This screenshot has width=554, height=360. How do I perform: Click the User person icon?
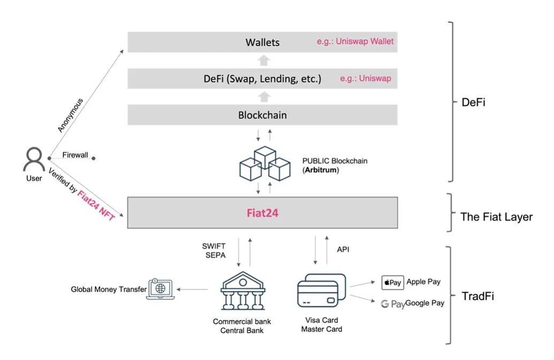34,159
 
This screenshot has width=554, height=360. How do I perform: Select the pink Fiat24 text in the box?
262,213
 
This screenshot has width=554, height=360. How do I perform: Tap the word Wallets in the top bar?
262,42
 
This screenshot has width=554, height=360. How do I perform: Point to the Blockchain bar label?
262,115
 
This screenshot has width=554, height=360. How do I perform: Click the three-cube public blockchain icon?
264,163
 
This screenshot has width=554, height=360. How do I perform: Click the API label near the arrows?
343,249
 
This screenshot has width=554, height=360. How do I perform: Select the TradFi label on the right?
477,296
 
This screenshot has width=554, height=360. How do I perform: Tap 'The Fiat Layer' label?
496,217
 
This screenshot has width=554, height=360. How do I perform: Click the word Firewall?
75,155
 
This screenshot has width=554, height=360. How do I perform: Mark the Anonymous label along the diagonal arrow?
71,116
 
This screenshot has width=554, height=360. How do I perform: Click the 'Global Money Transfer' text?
109,289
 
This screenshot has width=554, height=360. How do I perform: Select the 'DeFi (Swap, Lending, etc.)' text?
262,79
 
